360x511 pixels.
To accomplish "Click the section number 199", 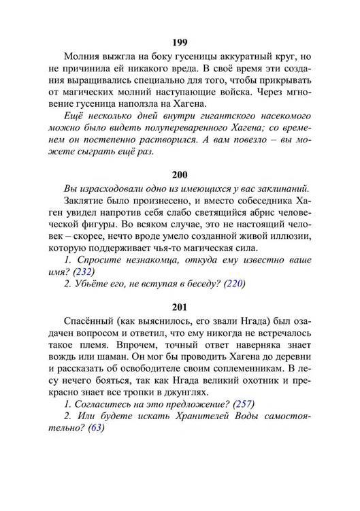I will point(180,41).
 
